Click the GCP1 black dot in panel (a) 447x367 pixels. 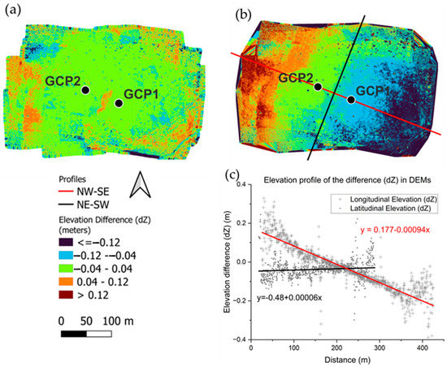119,103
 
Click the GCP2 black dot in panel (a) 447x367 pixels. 86,89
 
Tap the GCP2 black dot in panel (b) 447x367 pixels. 319,86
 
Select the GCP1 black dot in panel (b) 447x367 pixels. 351,100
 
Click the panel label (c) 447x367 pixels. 236,172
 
